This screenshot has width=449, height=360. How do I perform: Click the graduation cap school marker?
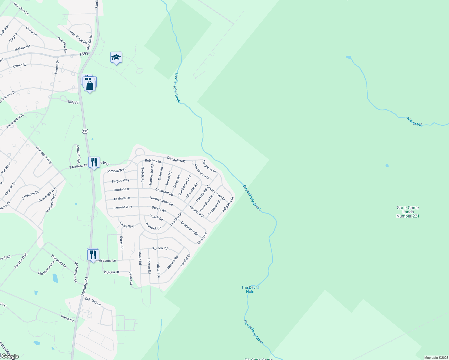pyautogui.click(x=116, y=58)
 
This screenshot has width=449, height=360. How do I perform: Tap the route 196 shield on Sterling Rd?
pyautogui.click(x=85, y=131)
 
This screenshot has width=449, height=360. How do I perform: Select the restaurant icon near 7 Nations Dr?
pyautogui.click(x=94, y=162)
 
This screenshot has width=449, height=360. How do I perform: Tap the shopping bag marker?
pyautogui.click(x=90, y=85)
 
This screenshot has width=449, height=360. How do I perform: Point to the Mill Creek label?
pyautogui.click(x=414, y=121)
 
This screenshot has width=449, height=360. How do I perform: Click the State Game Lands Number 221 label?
pyautogui.click(x=408, y=212)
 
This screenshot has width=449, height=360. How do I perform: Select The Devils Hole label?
pyautogui.click(x=250, y=289)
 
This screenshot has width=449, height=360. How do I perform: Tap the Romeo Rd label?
pyautogui.click(x=160, y=248)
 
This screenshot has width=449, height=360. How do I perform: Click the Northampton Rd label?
pyautogui.click(x=161, y=201)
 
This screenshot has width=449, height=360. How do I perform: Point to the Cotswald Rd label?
pyautogui.click(x=164, y=192)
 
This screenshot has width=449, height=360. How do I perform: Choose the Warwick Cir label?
pyautogui.click(x=153, y=226)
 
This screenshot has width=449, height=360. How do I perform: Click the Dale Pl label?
pyautogui.click(x=73, y=102)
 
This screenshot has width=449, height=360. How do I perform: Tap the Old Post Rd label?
pyautogui.click(x=93, y=301)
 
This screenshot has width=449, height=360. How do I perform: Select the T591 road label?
pyautogui.click(x=84, y=54)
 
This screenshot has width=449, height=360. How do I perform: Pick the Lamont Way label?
pyautogui.click(x=123, y=207)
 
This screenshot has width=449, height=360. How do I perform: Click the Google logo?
pyautogui.click(x=10, y=356)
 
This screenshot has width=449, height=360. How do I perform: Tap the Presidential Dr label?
pyautogui.click(x=15, y=121)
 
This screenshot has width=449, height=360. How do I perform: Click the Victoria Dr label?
pyautogui.click(x=111, y=272)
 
